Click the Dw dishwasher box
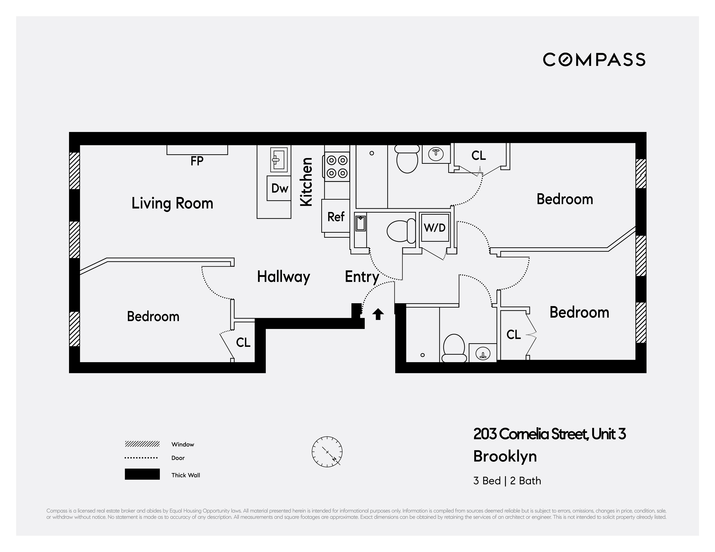coord(279,188)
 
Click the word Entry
coord(362,277)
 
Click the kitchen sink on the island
coord(279,160)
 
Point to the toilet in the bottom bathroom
coord(454,349)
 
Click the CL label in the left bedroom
coord(243,342)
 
